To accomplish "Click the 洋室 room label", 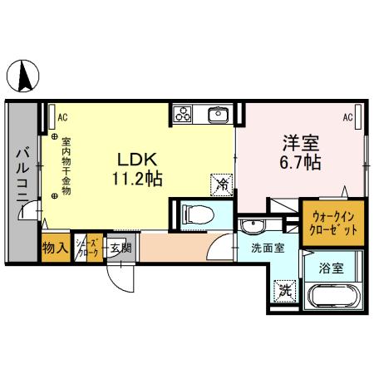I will pos(300,142).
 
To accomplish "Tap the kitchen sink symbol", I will pos(219,114).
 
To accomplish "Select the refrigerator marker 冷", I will pos(222,184).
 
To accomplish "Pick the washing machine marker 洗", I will pos(285,291).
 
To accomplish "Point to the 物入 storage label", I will pos(55,248).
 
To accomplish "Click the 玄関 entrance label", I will pos(119,248).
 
